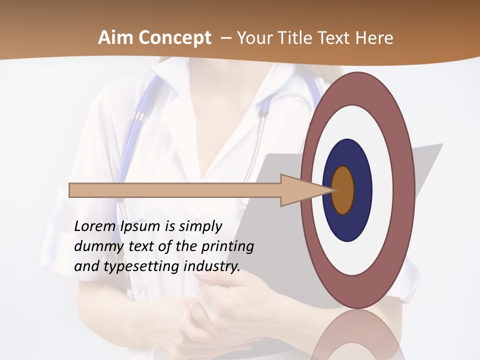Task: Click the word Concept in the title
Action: (175, 38)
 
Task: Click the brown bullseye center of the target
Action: (343, 190)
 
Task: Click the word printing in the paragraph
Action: (227, 246)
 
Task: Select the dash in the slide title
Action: (225, 38)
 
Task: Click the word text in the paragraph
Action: (142, 246)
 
